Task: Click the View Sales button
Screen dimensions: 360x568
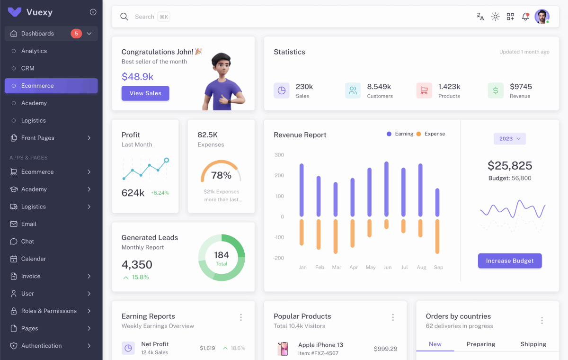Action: click(145, 93)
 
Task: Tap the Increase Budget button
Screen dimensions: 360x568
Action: click(510, 261)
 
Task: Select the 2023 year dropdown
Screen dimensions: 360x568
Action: click(510, 139)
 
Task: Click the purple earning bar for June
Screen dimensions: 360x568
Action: click(387, 189)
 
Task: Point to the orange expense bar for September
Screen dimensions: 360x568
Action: click(437, 236)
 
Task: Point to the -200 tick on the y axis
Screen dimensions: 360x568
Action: click(279, 258)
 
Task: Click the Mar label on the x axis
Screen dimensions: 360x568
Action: click(337, 268)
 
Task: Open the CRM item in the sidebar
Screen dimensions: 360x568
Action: click(28, 68)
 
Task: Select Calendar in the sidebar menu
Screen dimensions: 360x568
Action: click(34, 259)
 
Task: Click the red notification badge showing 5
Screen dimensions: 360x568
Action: click(76, 34)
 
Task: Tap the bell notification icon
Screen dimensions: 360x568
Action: click(525, 17)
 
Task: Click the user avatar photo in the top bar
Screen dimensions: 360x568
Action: click(541, 17)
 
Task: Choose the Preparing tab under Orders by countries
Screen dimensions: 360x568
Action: click(481, 344)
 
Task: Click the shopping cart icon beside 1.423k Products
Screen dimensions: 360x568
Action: click(424, 90)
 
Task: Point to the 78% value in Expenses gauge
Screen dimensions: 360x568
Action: click(221, 175)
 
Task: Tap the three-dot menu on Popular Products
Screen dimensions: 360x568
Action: click(393, 317)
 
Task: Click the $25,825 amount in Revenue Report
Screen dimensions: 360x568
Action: click(510, 166)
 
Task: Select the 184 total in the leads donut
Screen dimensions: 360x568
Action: click(222, 255)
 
